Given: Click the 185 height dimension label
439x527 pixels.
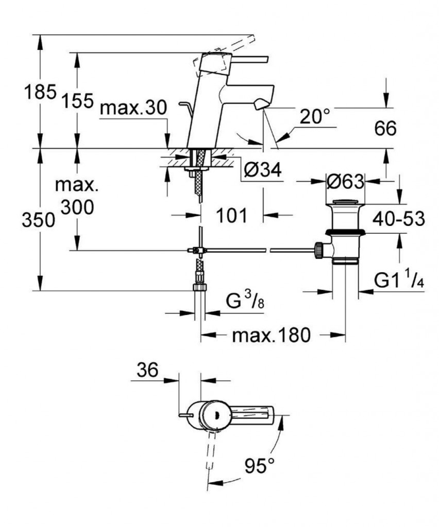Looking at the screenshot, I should click(39, 93).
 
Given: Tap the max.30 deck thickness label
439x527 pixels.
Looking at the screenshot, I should click(133, 108).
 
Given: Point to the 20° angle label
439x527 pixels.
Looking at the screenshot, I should click(315, 116).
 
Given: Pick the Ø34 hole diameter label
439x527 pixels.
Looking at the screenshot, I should click(263, 170).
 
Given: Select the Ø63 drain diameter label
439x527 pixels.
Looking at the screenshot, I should click(346, 181).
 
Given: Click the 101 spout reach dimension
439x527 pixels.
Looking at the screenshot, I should click(230, 216).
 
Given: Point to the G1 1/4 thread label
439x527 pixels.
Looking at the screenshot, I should click(399, 282).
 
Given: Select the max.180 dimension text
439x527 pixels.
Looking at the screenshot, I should click(272, 337).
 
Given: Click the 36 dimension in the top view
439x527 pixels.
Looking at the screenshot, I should click(148, 370).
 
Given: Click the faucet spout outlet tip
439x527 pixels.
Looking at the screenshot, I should click(261, 104).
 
